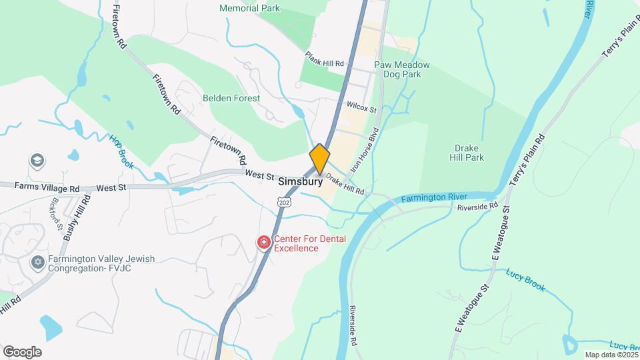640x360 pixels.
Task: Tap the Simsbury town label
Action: [x=301, y=181]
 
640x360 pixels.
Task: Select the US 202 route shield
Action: [x=285, y=201]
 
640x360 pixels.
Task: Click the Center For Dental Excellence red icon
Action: [x=264, y=242]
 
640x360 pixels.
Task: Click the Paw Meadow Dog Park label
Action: [x=401, y=69]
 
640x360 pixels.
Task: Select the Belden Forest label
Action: [x=231, y=98]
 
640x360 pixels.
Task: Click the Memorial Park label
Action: [x=249, y=9]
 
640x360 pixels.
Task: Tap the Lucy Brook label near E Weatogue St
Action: [x=525, y=279]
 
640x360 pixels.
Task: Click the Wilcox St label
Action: [x=362, y=107]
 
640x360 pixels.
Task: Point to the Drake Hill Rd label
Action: [x=345, y=186]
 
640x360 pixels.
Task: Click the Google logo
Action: [x=22, y=352]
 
